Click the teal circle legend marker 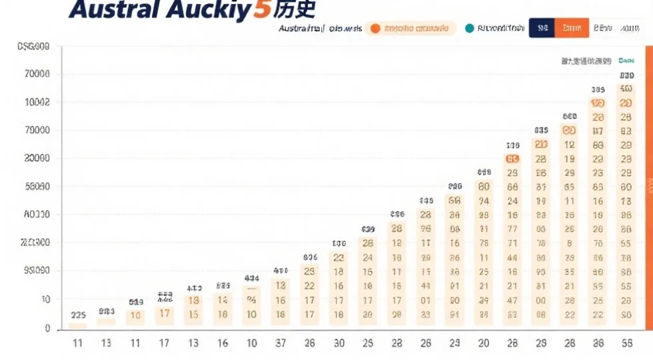[x=469, y=28]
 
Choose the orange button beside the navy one [x=571, y=28]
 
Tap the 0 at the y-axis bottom [x=47, y=328]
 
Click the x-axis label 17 [x=164, y=343]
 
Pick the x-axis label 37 [x=281, y=343]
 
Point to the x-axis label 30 [x=338, y=343]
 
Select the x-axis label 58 [x=626, y=343]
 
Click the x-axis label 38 [x=598, y=343]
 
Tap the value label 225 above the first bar [x=78, y=315]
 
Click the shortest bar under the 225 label [x=78, y=326]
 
